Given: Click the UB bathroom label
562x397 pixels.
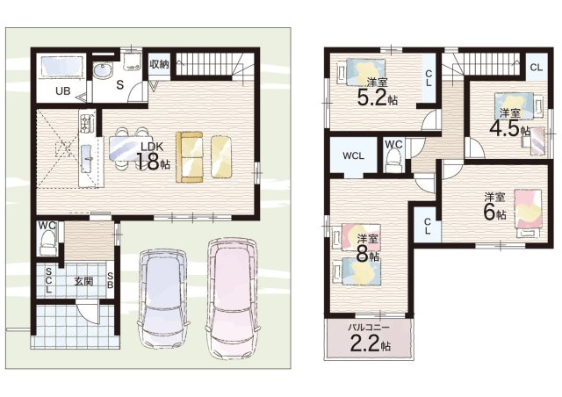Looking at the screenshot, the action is point(63,91).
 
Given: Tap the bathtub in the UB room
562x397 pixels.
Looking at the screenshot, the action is point(61,66).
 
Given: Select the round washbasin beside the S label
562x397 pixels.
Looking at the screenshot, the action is point(103,70).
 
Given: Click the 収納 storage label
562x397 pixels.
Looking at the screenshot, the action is point(159,64).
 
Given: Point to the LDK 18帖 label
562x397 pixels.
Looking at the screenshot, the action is point(153,156).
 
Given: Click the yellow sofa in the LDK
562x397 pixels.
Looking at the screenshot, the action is point(190,156).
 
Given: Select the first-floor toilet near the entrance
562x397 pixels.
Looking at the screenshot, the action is point(48,242).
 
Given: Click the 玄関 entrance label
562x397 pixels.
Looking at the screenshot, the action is point(83,281).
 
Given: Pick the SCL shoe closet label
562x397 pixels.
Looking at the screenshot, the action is point(49,280).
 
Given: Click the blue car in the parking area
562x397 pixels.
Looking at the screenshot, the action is point(163,299).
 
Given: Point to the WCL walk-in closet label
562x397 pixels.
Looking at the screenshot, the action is point(353,155).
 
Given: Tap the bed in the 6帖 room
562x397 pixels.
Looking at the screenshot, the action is point(528,213).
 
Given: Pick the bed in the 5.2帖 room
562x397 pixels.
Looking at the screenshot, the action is point(361,72).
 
